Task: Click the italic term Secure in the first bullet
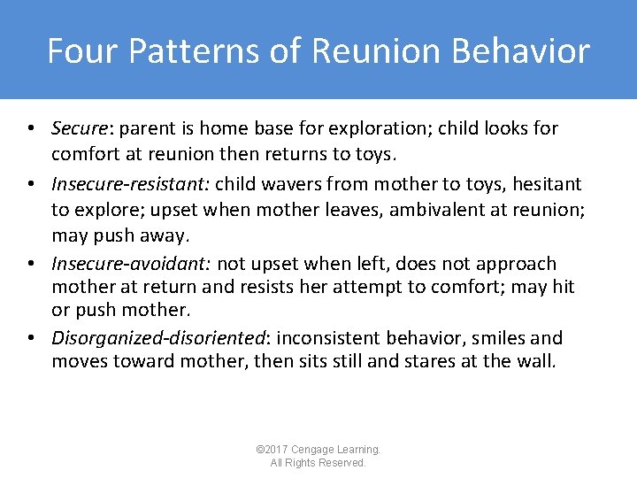pos(79,128)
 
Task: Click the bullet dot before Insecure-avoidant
pos(31,264)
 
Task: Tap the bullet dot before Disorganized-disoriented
pos(31,338)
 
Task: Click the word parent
pos(147,128)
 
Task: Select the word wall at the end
pos(539,361)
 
